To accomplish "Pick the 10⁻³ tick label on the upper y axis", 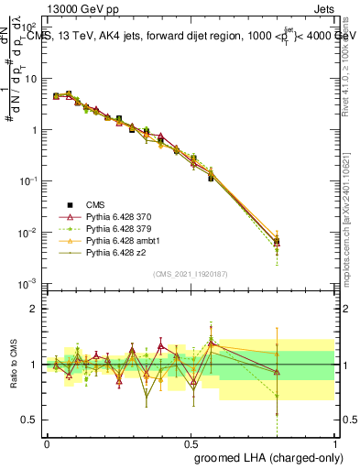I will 29,283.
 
